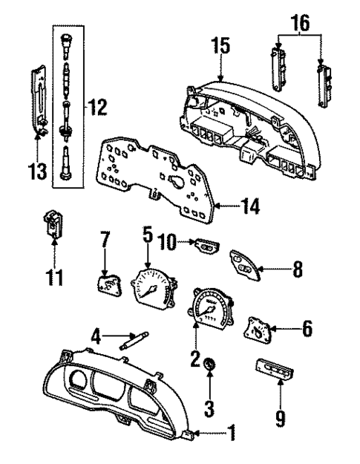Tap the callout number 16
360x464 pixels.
pos(301,26)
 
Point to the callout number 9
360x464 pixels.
pos(280,420)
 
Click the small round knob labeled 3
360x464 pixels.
pos(209,366)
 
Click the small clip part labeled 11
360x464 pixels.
pos(52,223)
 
